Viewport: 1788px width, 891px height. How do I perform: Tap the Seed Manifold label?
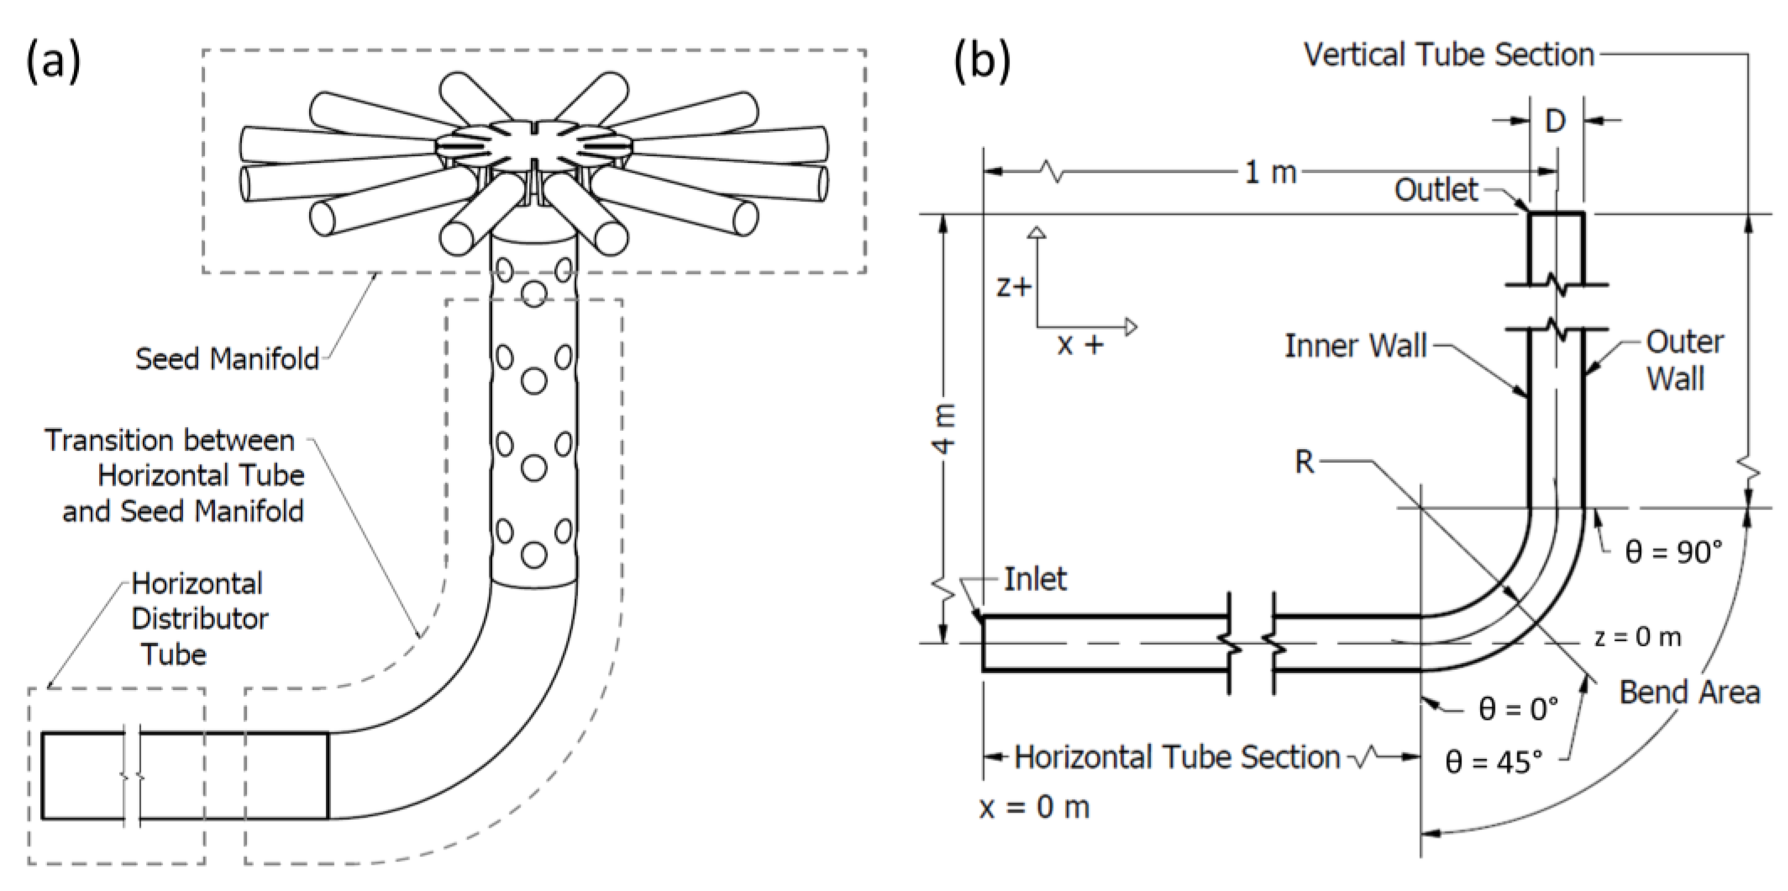click(x=227, y=359)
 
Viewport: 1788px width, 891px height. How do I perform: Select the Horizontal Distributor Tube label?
click(x=199, y=618)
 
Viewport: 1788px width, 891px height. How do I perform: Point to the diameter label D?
click(x=1555, y=122)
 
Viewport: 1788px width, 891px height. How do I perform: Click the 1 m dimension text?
click(x=1270, y=172)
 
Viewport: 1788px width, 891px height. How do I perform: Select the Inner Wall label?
click(x=1355, y=346)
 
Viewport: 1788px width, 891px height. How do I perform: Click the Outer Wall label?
click(x=1683, y=360)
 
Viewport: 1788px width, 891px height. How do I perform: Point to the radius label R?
click(x=1304, y=461)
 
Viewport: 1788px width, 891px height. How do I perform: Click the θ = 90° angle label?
click(x=1673, y=552)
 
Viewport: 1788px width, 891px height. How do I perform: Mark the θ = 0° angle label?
click(x=1518, y=709)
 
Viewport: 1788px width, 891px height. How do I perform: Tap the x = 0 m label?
click(x=1034, y=807)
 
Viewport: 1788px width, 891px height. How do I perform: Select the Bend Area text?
click(x=1689, y=693)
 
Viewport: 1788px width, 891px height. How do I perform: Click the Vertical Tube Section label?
click(x=1449, y=55)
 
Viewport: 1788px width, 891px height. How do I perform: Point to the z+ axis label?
click(x=1014, y=287)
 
